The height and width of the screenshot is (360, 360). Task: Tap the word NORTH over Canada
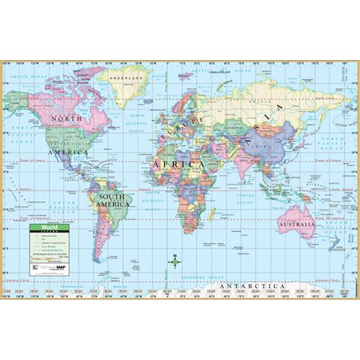click(x=65, y=118)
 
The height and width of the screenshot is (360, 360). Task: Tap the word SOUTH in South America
click(x=110, y=195)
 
